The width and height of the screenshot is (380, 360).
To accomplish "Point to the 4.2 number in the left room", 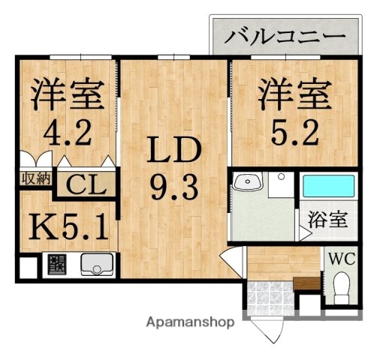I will pos(67,136).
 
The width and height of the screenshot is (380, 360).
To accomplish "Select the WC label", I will pos(341,260).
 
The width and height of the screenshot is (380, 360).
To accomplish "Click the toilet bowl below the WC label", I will pos(342,286).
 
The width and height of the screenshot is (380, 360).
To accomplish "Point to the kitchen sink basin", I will pos(96,265).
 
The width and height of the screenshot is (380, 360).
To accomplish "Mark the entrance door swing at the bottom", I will pos(264,329).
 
